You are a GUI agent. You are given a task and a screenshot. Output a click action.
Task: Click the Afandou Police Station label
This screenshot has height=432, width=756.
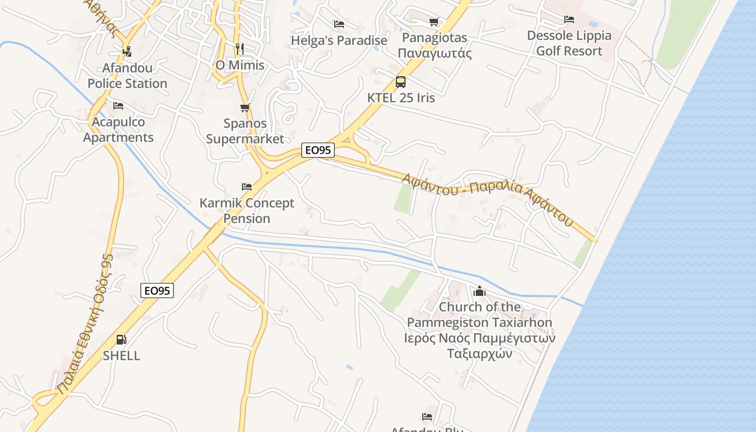click(x=127, y=76)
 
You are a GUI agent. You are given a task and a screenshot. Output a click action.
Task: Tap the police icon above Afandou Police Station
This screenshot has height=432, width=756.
click(x=127, y=52)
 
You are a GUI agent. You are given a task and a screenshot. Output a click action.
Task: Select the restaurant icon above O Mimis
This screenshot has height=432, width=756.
click(x=240, y=49)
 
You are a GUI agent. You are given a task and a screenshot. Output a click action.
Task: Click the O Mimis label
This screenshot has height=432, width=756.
click(x=240, y=65)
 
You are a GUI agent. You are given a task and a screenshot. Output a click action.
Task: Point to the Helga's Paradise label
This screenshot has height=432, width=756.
click(x=339, y=40)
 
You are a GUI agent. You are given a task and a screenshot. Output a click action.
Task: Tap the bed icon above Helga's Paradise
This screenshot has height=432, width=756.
click(x=339, y=24)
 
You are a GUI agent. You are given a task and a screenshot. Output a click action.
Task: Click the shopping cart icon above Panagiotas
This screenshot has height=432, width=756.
click(x=434, y=22)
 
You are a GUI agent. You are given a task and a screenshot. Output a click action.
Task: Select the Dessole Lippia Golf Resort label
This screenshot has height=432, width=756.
click(x=569, y=43)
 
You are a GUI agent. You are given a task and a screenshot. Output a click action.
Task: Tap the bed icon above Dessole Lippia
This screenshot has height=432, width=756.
click(x=569, y=19)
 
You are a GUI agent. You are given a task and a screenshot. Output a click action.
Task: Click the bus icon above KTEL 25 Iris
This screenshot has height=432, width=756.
click(x=401, y=82)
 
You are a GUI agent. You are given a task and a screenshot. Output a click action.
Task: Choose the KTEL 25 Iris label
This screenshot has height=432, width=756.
click(x=401, y=98)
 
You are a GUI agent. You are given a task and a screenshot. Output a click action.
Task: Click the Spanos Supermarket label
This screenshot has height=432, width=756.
click(x=245, y=131)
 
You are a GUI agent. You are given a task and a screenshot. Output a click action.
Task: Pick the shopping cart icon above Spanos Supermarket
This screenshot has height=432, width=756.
click(x=245, y=107)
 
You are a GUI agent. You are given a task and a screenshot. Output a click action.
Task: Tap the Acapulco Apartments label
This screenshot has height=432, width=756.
click(x=118, y=130)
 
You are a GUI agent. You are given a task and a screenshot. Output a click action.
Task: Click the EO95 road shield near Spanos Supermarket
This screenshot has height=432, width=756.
click(x=318, y=150)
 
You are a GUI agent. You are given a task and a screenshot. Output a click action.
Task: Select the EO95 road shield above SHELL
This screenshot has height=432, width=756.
click(x=158, y=291)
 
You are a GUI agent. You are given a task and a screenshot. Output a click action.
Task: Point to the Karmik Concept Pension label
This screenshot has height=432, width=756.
click(x=247, y=211)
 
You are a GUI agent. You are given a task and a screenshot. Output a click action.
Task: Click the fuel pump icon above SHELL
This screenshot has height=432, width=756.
click(x=122, y=340)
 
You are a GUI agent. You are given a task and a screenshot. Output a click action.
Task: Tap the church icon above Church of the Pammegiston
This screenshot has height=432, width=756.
click(x=480, y=292)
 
